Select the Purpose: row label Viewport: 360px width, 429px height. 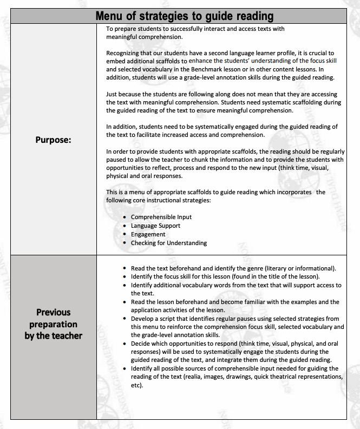pyautogui.click(x=54, y=139)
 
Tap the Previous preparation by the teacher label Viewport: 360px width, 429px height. pyautogui.click(x=54, y=324)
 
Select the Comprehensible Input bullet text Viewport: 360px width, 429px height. pyautogui.click(x=161, y=217)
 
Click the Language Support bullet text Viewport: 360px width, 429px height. pyautogui.click(x=155, y=226)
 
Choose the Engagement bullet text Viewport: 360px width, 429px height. pyautogui.click(x=148, y=234)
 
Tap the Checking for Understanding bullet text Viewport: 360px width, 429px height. pyautogui.click(x=169, y=243)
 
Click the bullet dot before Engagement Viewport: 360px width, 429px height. pyautogui.click(x=125, y=235)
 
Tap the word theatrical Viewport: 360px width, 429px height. pyautogui.click(x=292, y=377)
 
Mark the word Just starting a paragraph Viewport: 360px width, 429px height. pyautogui.click(x=112, y=94)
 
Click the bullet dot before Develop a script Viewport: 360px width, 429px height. pyautogui.click(x=125, y=319)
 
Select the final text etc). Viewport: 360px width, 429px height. pyautogui.click(x=137, y=386)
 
